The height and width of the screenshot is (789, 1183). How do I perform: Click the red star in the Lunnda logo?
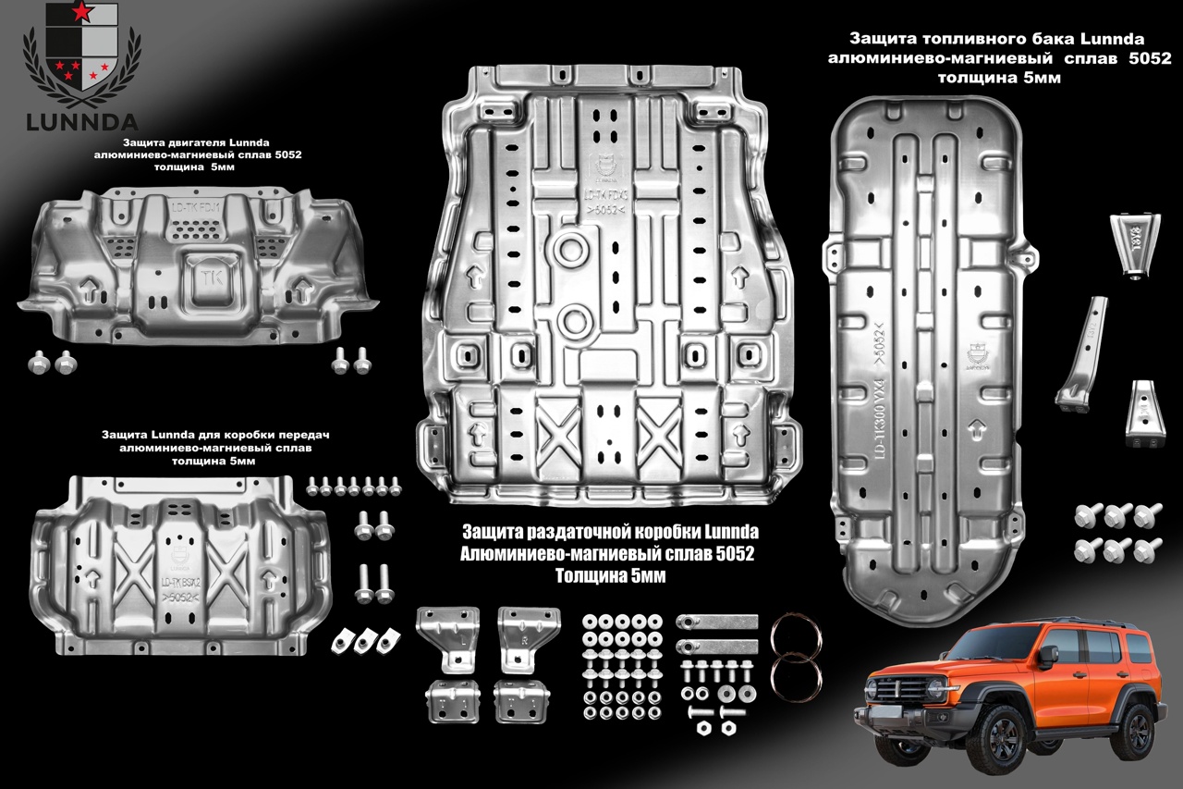tap(82, 12)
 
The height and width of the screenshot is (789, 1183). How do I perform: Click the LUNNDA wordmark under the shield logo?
tap(82, 121)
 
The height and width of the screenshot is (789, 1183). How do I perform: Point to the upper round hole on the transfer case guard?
tap(572, 249)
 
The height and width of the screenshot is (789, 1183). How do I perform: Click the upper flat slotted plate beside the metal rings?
tap(717, 621)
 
